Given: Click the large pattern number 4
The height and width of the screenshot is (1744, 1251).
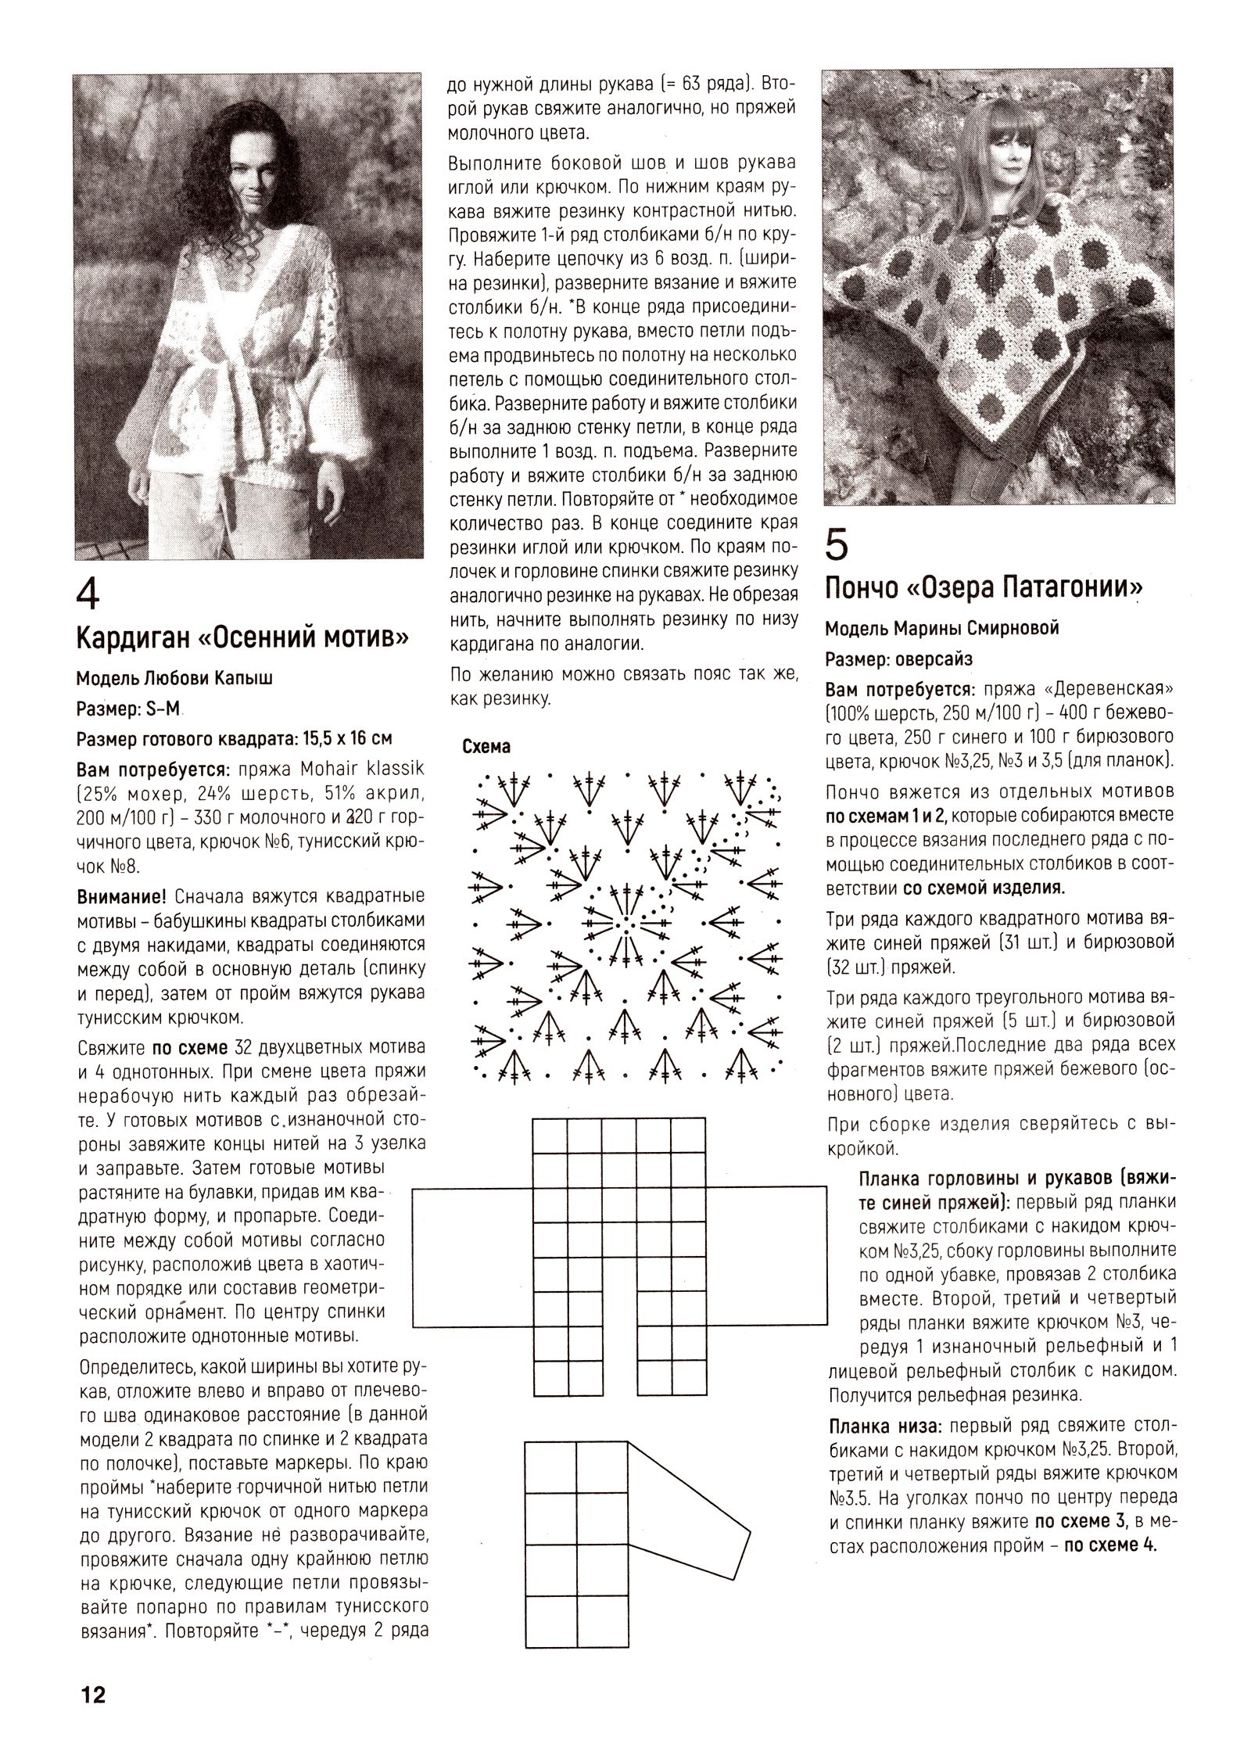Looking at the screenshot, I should (x=88, y=597).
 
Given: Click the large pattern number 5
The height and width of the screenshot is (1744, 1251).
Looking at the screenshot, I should (x=837, y=545).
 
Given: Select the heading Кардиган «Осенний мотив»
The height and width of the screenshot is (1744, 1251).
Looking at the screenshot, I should (x=242, y=640).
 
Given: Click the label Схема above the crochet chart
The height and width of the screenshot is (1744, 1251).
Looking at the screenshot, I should (x=486, y=746).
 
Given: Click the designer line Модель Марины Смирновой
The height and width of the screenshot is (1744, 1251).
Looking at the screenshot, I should (x=942, y=628).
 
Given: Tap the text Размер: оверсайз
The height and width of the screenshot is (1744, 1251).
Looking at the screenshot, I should (x=899, y=659).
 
